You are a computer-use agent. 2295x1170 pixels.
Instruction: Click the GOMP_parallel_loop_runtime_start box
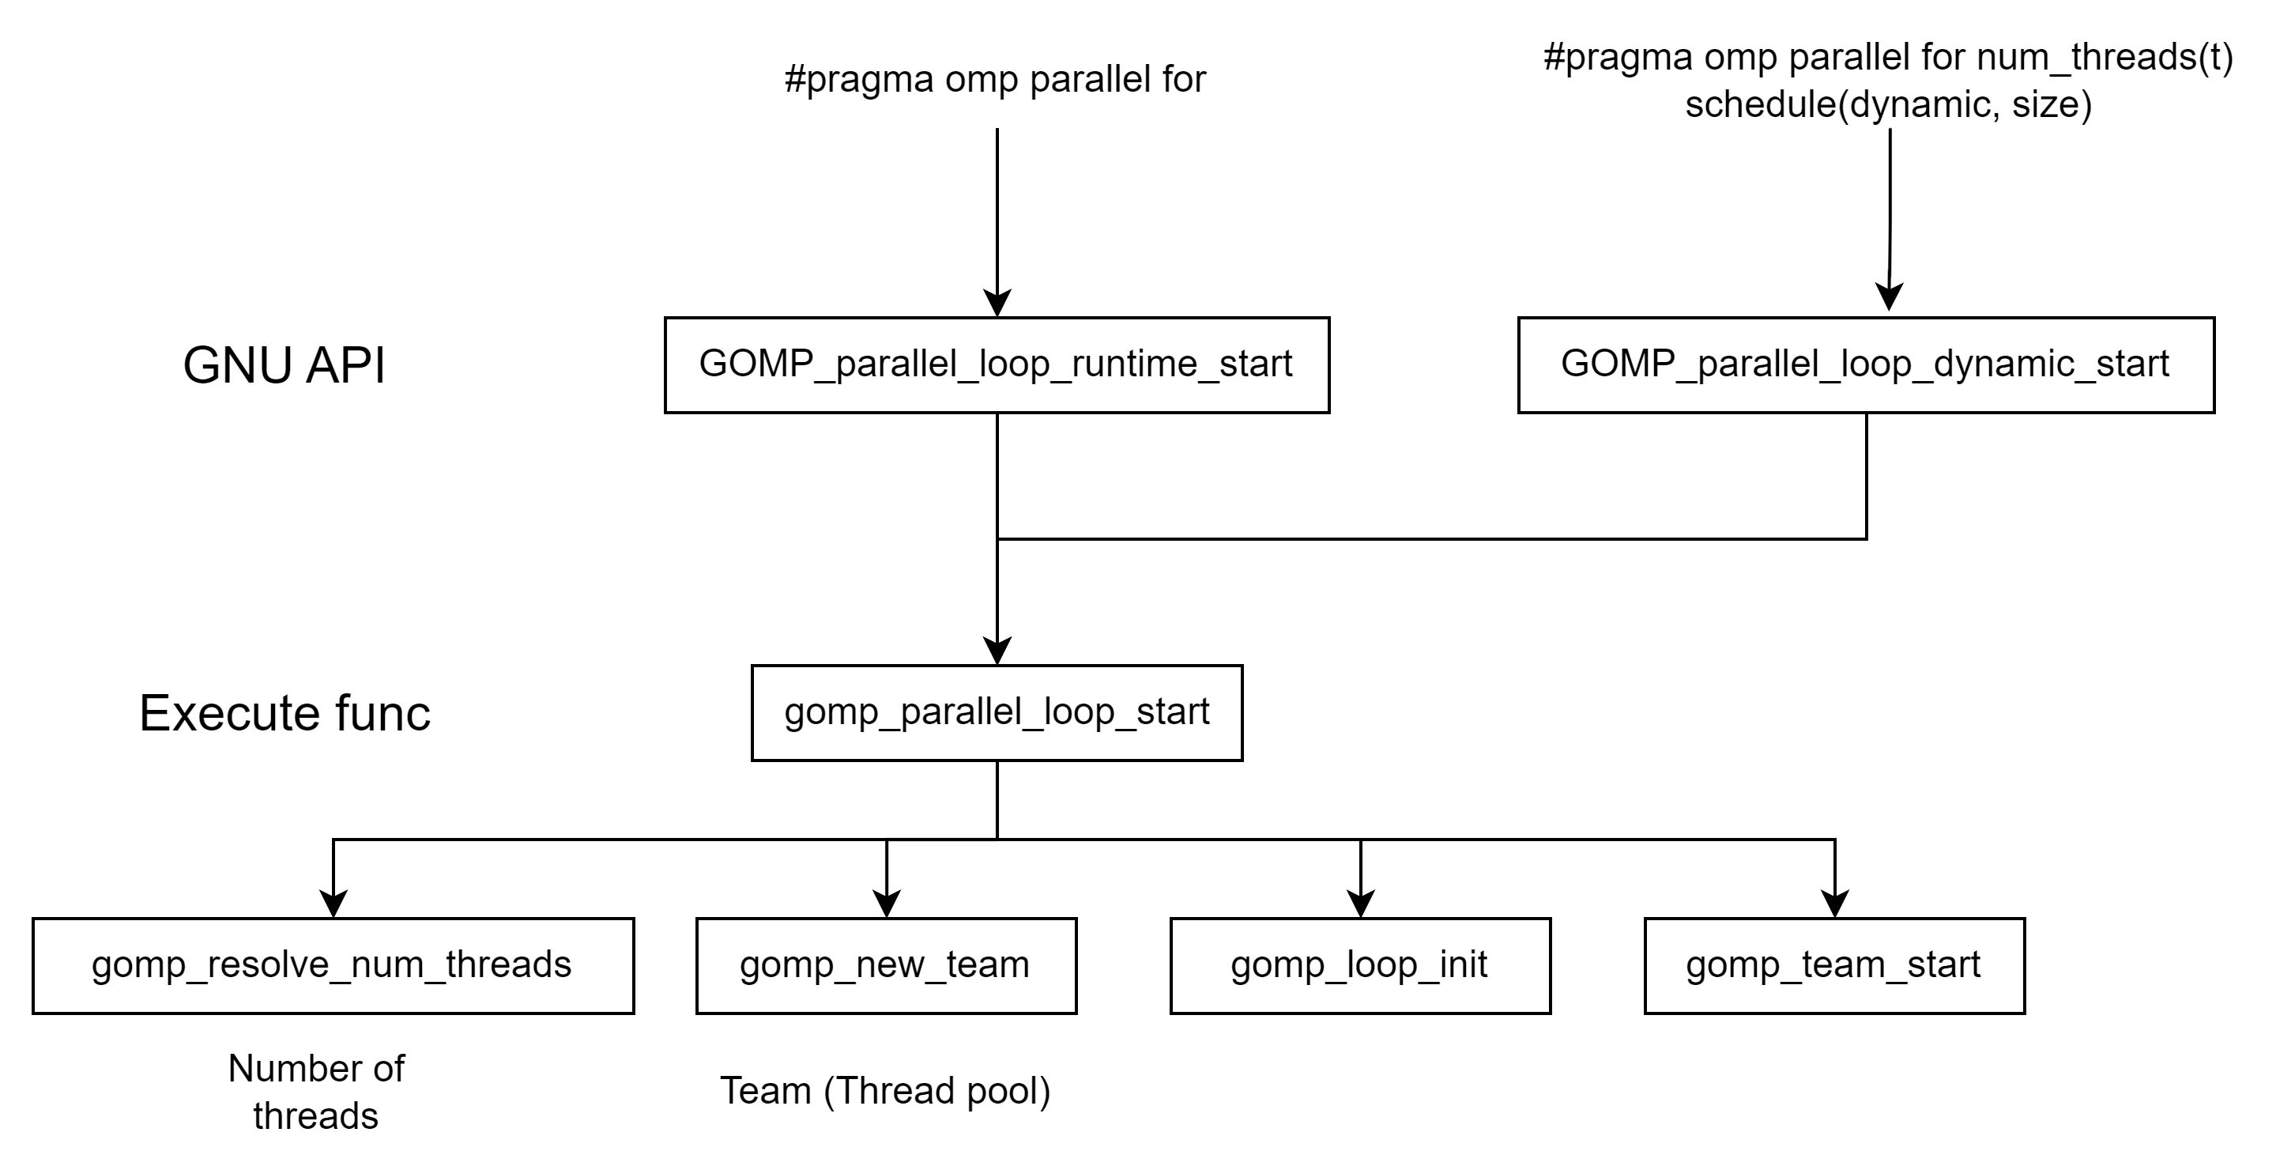coord(996,364)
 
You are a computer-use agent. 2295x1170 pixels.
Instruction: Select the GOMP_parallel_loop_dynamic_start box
coord(1866,364)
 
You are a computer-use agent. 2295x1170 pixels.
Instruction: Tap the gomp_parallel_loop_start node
coord(996,713)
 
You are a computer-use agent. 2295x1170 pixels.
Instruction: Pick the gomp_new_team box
coord(886,966)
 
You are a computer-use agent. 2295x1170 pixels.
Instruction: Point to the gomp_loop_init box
coord(1359,966)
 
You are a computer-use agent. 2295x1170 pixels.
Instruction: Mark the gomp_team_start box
coord(1834,966)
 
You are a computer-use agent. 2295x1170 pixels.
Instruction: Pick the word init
coord(1464,965)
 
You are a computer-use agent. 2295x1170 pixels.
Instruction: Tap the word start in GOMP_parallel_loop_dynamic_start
coord(2132,364)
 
